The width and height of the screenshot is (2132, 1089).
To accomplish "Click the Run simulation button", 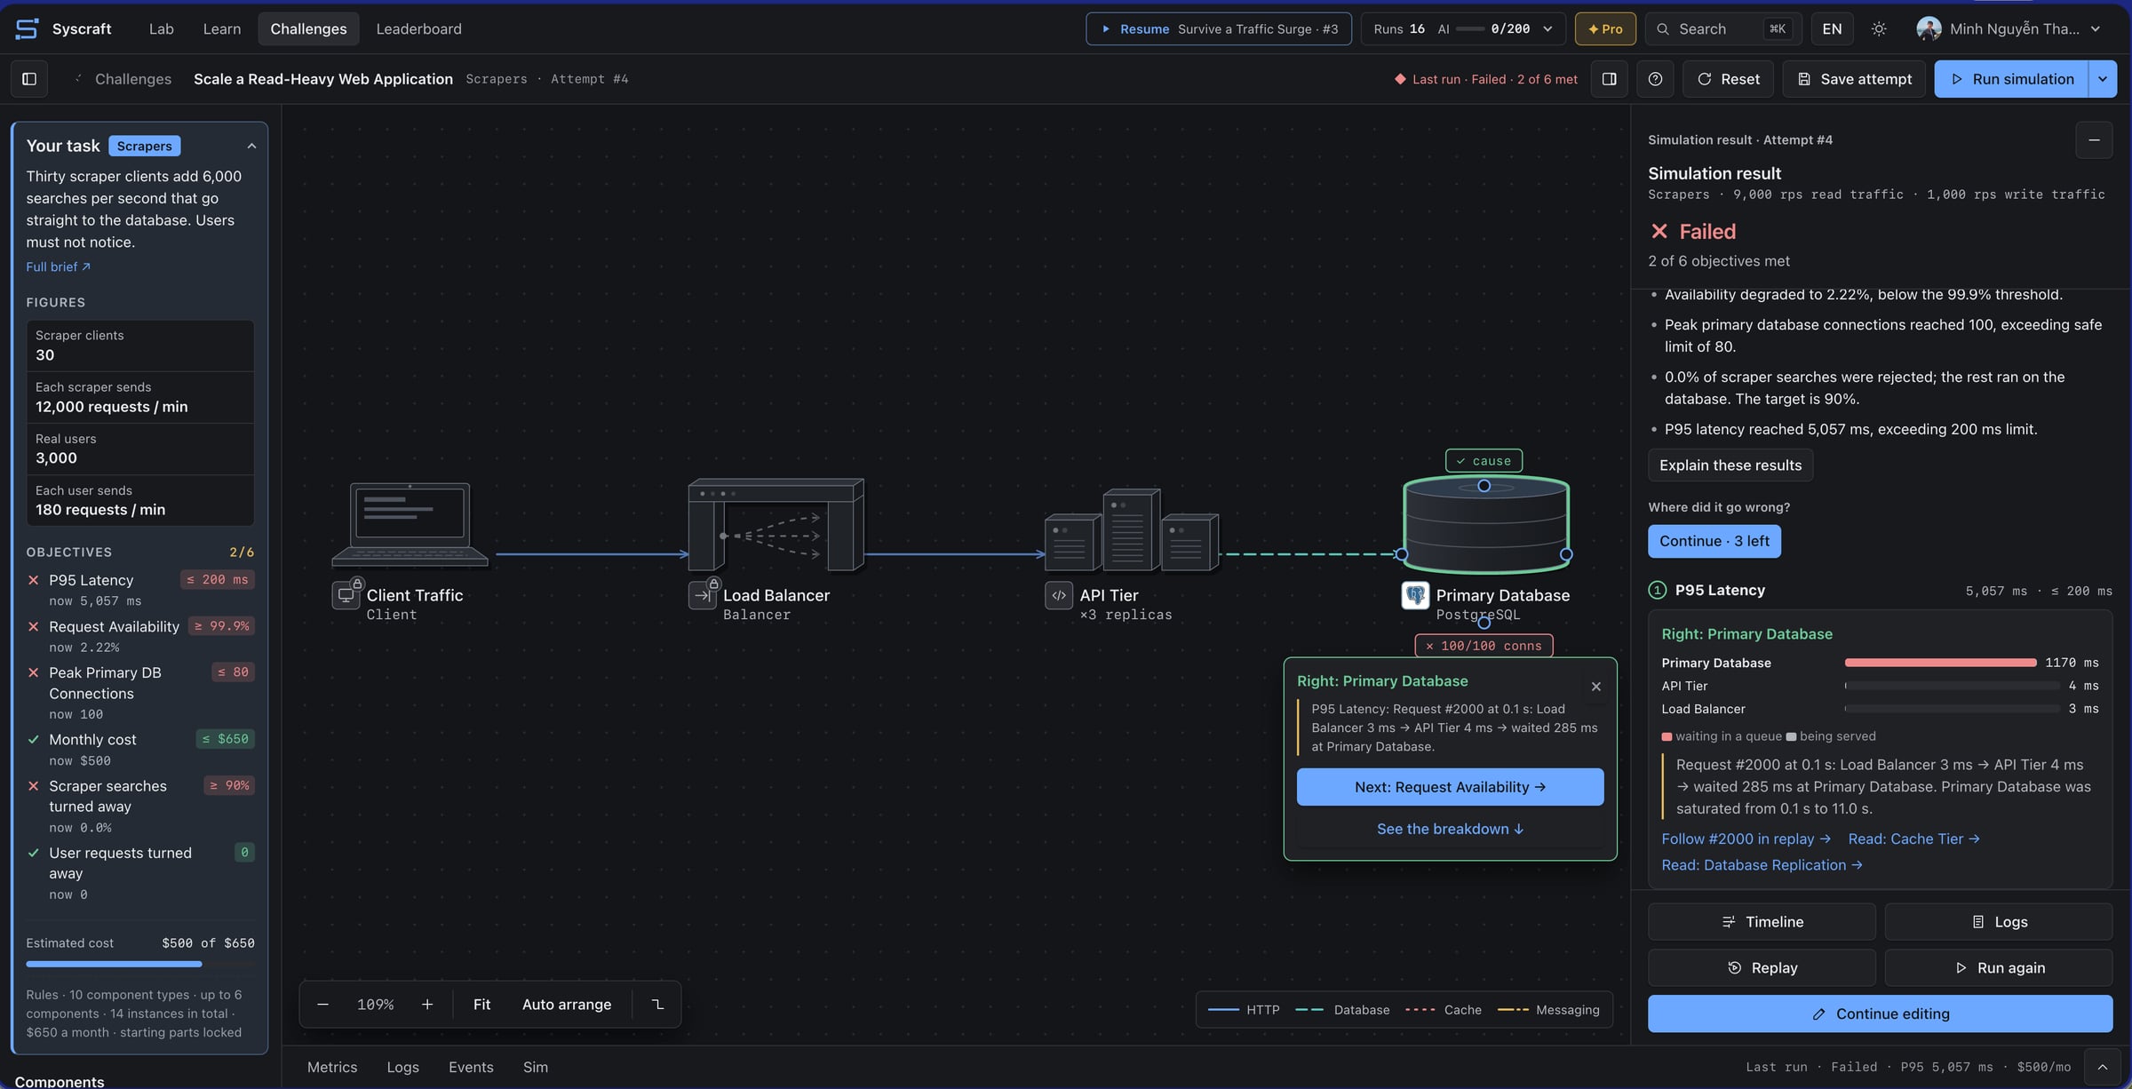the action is pyautogui.click(x=2011, y=79).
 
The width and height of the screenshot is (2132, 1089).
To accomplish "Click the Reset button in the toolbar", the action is pyautogui.click(x=1728, y=79).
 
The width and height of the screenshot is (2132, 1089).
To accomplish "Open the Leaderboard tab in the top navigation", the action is pyautogui.click(x=418, y=28).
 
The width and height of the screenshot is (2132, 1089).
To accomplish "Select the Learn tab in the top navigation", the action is pyautogui.click(x=221, y=28).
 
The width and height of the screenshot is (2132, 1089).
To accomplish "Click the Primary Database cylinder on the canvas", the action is pyautogui.click(x=1485, y=524).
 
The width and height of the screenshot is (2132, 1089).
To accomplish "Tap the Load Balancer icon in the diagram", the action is pyautogui.click(x=775, y=524).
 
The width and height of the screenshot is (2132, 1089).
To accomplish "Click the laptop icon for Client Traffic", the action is pyautogui.click(x=410, y=524).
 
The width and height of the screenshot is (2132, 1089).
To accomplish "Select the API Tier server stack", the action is pyautogui.click(x=1131, y=529).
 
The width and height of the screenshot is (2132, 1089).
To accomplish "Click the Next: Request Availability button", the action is pyautogui.click(x=1450, y=787).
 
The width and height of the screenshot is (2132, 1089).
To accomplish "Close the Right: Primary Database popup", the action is pyautogui.click(x=1596, y=687).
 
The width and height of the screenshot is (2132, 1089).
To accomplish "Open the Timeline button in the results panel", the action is pyautogui.click(x=1762, y=922).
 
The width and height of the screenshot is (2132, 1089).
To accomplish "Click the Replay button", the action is pyautogui.click(x=1762, y=968).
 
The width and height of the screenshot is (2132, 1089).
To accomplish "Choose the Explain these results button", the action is pyautogui.click(x=1730, y=465).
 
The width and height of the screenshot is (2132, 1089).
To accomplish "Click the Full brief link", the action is pyautogui.click(x=58, y=266).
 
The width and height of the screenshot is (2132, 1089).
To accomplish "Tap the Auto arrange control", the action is pyautogui.click(x=567, y=1005).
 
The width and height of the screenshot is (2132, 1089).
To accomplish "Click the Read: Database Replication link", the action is pyautogui.click(x=1762, y=865).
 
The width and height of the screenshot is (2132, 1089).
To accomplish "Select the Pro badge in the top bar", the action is pyautogui.click(x=1605, y=28).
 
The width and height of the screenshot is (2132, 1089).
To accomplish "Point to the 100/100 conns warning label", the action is pyautogui.click(x=1484, y=646).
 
